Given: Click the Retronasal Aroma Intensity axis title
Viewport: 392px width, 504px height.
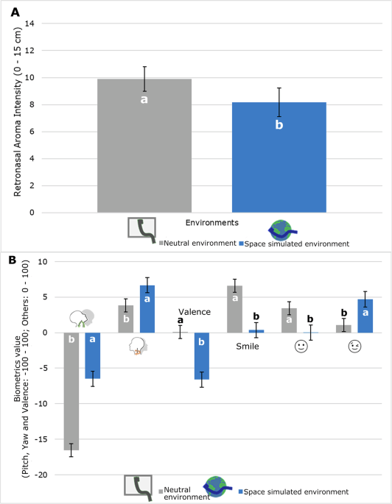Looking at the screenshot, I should [x=17, y=118].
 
